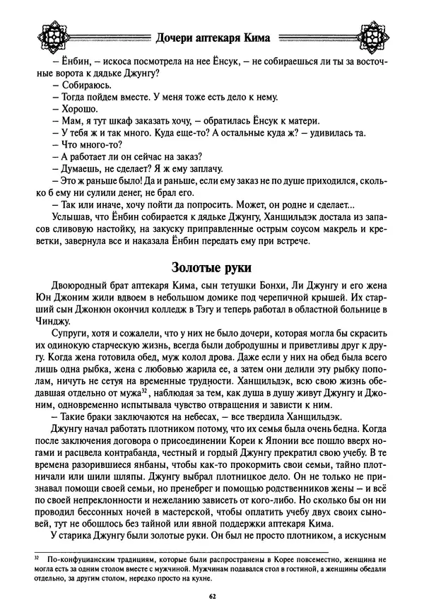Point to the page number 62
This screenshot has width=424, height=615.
coord(212,598)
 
